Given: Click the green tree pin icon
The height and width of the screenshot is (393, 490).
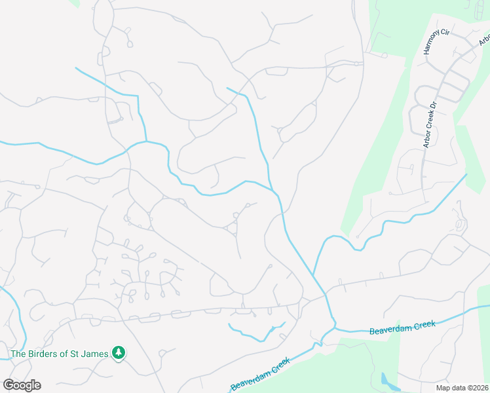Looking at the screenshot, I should point(119,353).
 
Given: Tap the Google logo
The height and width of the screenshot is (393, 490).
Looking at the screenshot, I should point(22,385).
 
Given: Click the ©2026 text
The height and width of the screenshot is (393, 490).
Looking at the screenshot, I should point(478,388).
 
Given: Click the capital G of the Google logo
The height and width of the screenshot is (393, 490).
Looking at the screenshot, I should point(9,385).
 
